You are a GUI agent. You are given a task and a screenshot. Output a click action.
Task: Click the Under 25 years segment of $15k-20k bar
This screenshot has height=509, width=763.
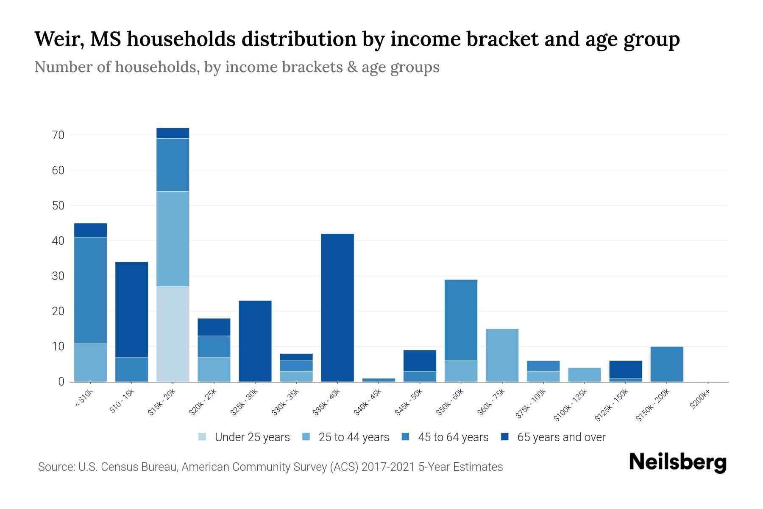(x=173, y=334)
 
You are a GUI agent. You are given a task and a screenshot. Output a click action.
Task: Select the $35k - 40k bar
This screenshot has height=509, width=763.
(x=337, y=308)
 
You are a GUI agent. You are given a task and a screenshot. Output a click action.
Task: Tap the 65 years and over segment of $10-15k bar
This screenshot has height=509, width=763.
(x=131, y=309)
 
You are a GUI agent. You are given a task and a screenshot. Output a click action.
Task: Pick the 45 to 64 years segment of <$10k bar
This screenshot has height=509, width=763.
(x=90, y=290)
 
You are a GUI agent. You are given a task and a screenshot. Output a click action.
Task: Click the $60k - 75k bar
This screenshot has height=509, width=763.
(x=502, y=355)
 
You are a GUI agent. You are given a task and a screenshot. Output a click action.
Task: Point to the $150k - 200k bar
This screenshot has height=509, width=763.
(x=666, y=364)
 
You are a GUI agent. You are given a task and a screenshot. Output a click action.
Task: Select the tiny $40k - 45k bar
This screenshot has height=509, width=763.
(x=379, y=380)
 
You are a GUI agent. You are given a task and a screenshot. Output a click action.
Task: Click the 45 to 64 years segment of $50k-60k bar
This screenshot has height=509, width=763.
(x=461, y=320)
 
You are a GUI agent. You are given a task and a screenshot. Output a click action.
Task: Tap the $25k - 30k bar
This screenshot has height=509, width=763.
(x=255, y=341)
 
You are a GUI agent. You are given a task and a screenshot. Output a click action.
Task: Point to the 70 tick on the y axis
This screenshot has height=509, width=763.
(x=58, y=135)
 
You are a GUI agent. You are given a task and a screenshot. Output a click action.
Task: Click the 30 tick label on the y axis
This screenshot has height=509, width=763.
(x=58, y=276)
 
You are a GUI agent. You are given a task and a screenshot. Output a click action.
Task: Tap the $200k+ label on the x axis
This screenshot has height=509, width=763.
(x=700, y=401)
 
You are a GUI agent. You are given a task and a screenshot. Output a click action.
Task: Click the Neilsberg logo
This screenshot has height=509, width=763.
(x=677, y=462)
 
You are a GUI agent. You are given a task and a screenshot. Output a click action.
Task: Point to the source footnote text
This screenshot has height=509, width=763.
(x=270, y=467)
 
